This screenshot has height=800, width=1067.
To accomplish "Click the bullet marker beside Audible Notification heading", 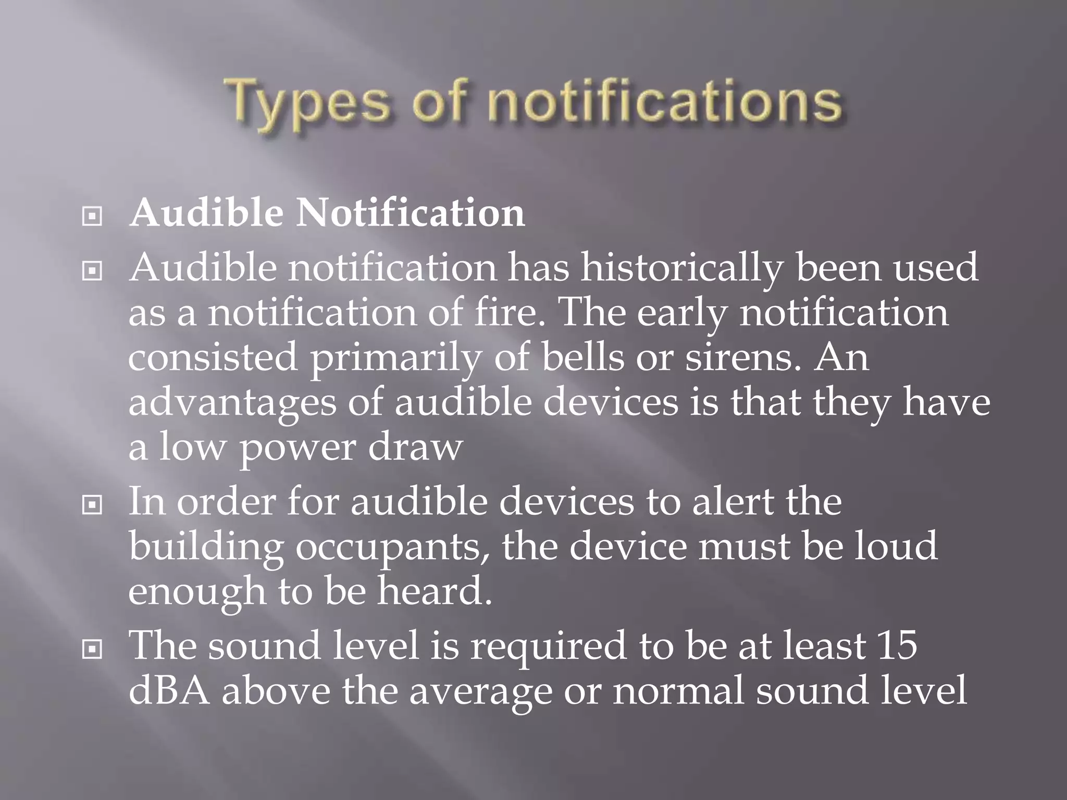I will [x=92, y=216].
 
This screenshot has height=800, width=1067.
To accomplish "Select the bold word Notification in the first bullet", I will [x=411, y=213].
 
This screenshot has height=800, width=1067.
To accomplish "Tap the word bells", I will [x=583, y=357].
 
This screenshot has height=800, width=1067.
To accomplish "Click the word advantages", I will [x=232, y=403].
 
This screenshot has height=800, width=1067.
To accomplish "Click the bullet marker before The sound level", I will [x=92, y=648].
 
